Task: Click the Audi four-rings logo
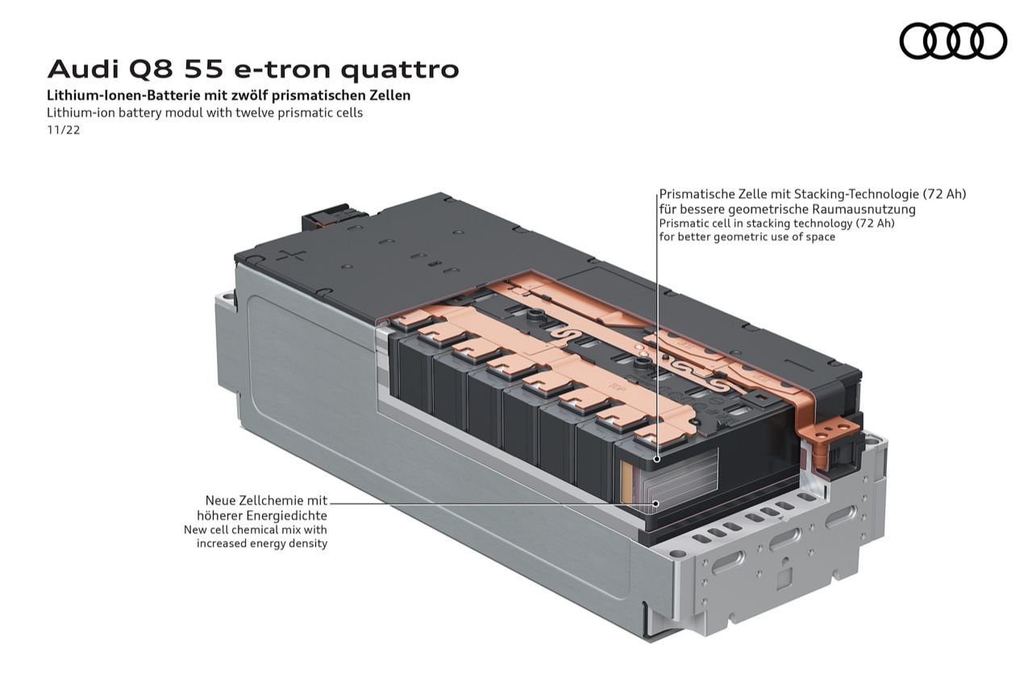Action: pyautogui.click(x=953, y=40)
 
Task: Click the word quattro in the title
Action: pyautogui.click(x=400, y=69)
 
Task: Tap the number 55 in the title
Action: pyautogui.click(x=204, y=69)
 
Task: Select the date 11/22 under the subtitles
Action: pyautogui.click(x=64, y=131)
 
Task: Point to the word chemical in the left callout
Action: pyautogui.click(x=263, y=530)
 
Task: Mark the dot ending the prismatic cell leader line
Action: pyautogui.click(x=657, y=459)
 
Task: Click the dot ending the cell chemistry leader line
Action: pyautogui.click(x=656, y=504)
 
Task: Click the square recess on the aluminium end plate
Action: pyautogui.click(x=784, y=577)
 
